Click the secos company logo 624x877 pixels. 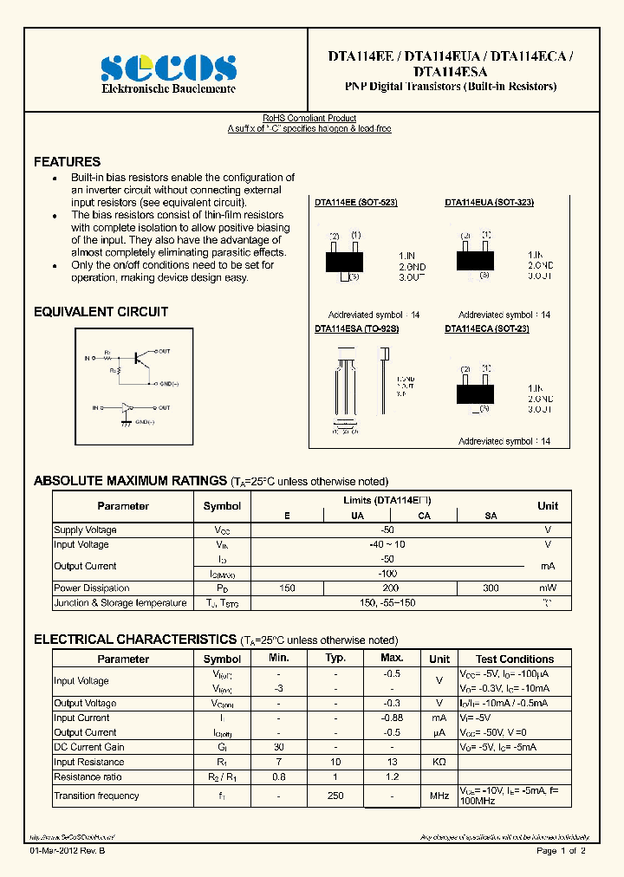pos(168,68)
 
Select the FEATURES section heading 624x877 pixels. pos(67,162)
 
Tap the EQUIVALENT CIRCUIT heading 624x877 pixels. pos(101,312)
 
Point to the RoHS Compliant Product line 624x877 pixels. pos(309,118)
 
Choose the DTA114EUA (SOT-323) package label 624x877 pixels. pos(489,202)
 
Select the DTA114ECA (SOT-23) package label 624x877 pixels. pos(486,328)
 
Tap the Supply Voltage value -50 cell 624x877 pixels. pos(387,529)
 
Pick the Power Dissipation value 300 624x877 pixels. pos(490,588)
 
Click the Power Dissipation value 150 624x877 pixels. pos(287,588)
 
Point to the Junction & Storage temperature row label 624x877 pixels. pos(120,603)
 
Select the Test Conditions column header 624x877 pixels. pos(514,659)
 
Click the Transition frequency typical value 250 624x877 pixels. pos(335,796)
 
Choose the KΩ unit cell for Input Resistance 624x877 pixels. pos(439,762)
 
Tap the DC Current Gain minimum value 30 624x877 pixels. pos(278,747)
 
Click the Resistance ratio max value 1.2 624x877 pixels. pos(392,777)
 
